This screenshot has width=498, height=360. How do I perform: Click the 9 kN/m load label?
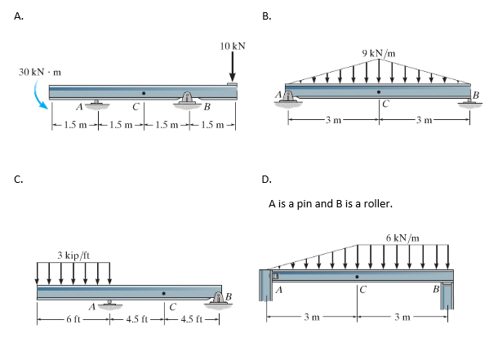click(x=379, y=54)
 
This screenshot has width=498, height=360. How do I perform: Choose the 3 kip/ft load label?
click(x=73, y=256)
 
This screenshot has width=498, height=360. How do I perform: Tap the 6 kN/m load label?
click(x=403, y=237)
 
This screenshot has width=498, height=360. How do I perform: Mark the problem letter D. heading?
click(x=266, y=182)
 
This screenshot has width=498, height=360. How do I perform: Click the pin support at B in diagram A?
click(x=188, y=101)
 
